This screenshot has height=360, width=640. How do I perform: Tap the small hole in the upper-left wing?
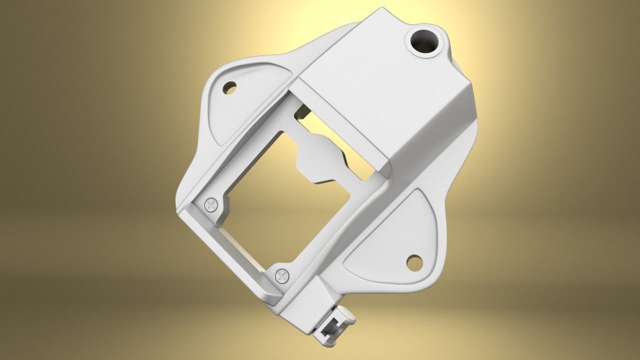(x=230, y=88)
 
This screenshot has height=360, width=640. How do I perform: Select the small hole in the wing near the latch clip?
(x=414, y=261)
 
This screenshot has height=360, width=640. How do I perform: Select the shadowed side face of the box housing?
(x=435, y=135)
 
